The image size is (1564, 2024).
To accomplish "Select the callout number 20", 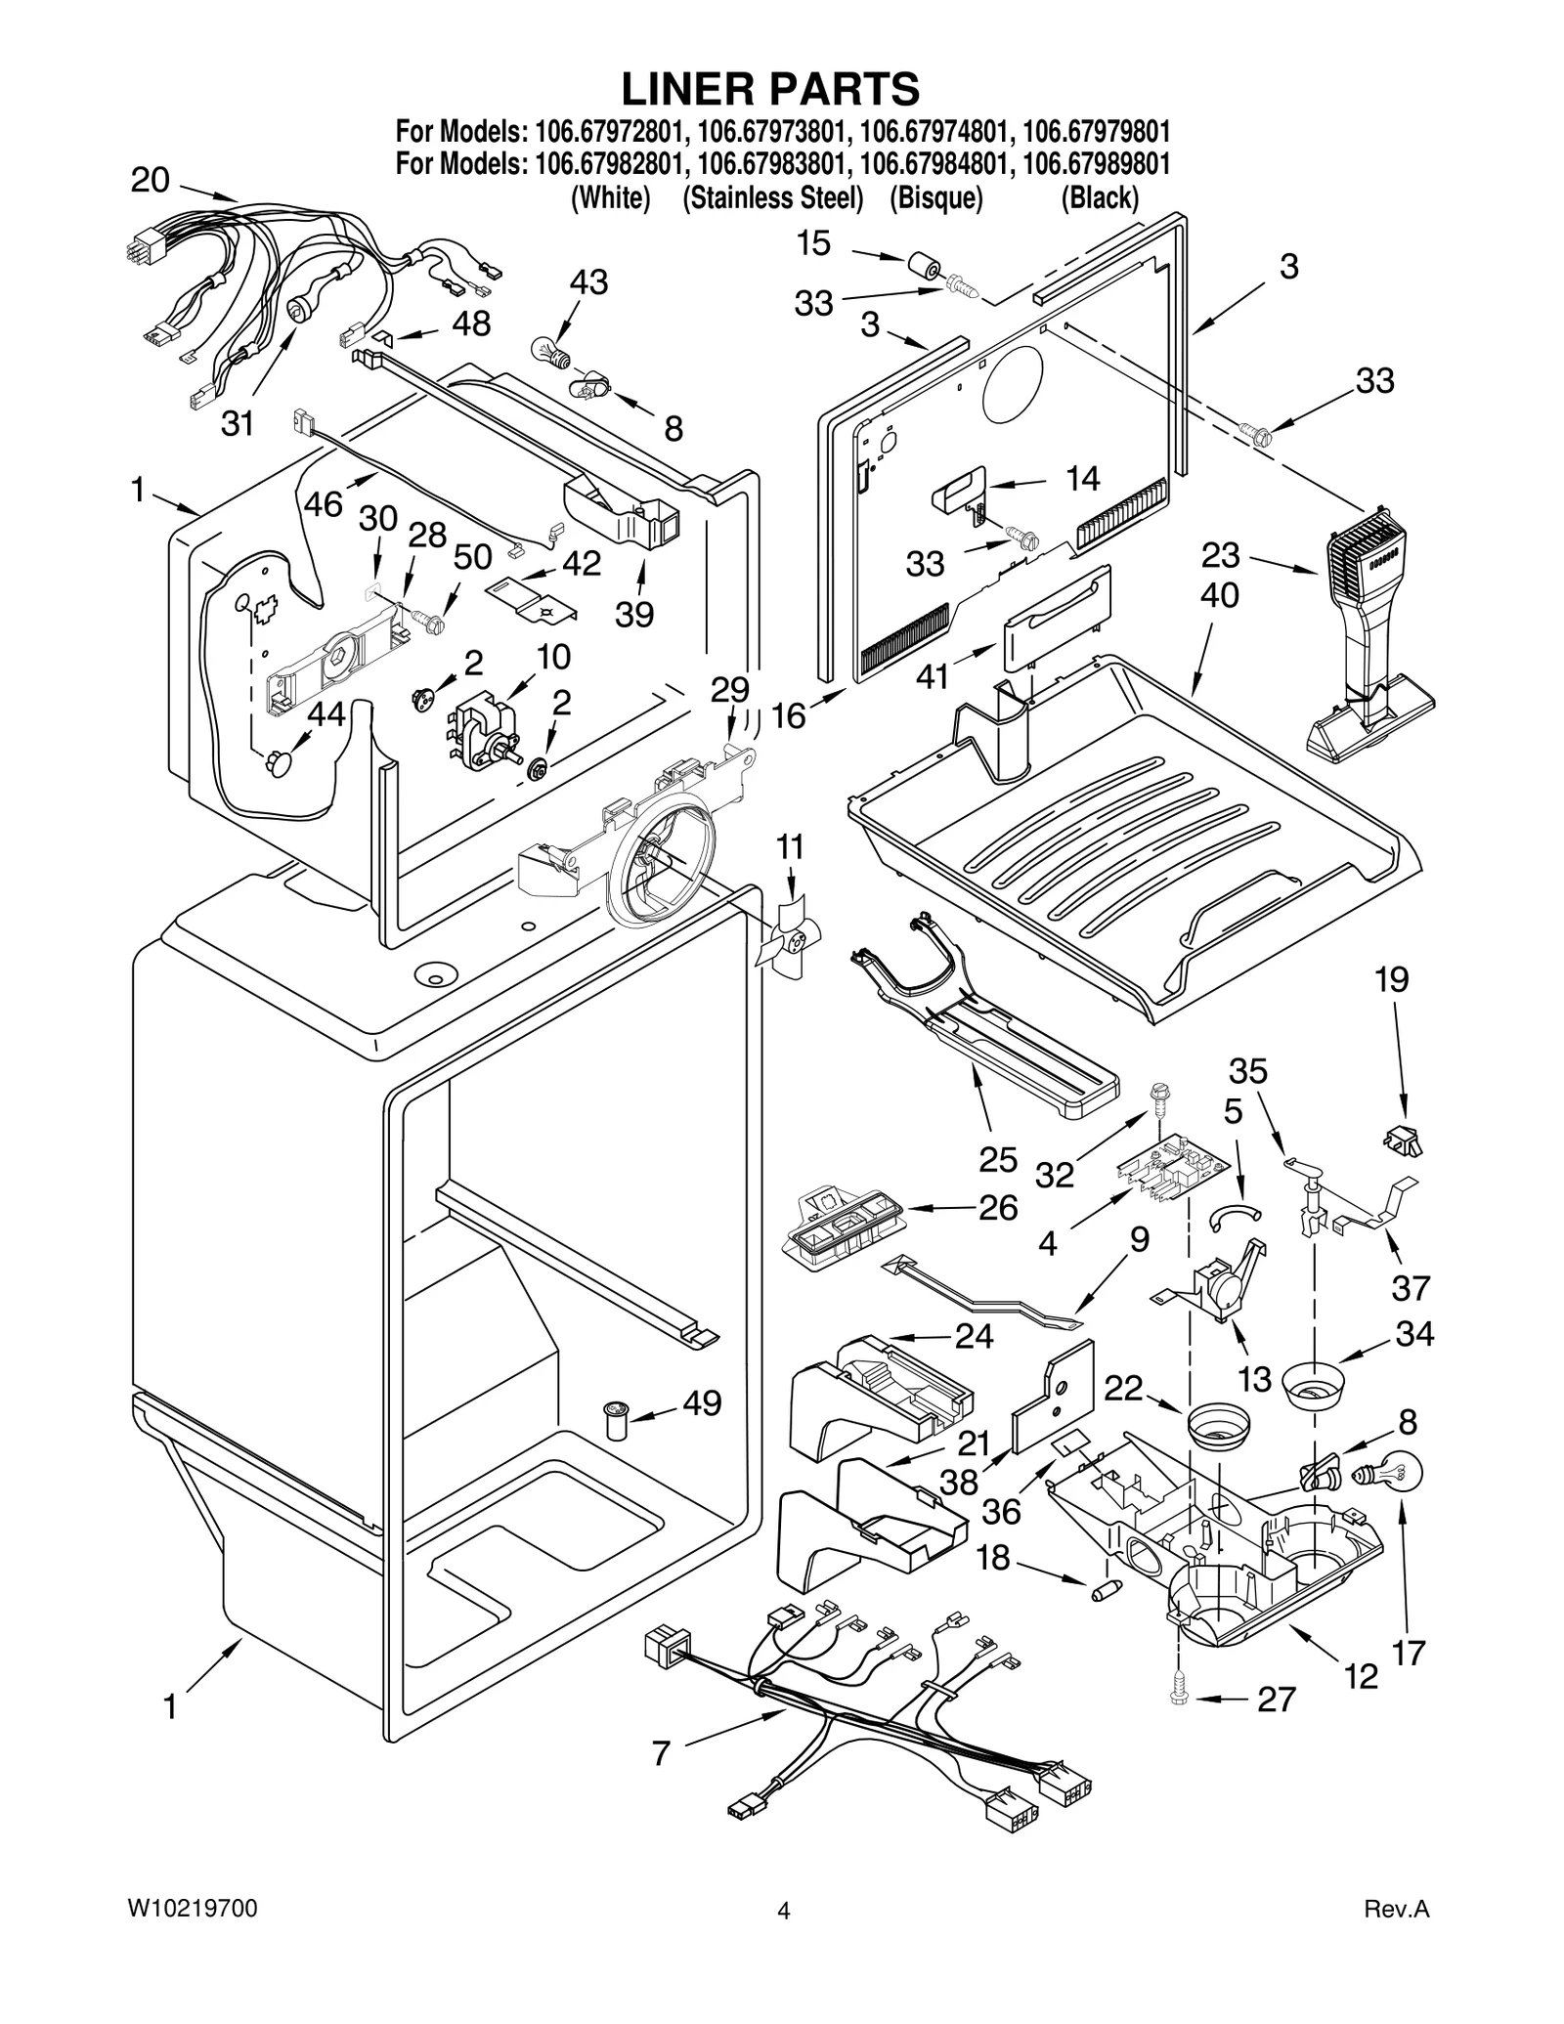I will click(151, 180).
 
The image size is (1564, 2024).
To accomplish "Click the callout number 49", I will click(702, 1403).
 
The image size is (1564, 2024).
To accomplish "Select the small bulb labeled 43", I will click(548, 349).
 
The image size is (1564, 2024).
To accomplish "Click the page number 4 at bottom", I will click(782, 1911).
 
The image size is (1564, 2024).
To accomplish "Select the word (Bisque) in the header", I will click(935, 198).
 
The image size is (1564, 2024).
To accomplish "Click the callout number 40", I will click(1219, 595).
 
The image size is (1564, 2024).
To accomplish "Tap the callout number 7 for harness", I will click(662, 1753).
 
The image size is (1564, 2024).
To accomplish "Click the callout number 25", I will click(998, 1159).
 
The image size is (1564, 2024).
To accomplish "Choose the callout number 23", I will click(1221, 555).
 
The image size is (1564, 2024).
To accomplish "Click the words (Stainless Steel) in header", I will click(772, 198).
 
